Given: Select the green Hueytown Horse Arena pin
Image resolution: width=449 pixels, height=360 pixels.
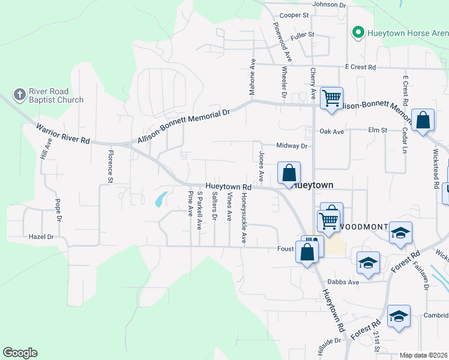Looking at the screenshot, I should click(358, 32).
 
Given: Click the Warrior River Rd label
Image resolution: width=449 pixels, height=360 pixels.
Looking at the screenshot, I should click(62, 133).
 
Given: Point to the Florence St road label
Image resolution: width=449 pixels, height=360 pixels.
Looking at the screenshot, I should click(110, 166).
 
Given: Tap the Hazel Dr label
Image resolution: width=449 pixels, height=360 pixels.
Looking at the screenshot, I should click(41, 237).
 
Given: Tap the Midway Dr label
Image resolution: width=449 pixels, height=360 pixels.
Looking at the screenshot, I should click(292, 146).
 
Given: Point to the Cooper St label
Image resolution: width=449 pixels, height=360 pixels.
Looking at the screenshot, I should click(294, 15).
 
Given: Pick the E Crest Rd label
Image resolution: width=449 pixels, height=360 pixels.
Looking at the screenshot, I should click(360, 67).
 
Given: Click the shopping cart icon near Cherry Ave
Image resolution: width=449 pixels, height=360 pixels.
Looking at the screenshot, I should click(331, 98).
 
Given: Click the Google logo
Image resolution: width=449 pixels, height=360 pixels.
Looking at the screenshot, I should click(20, 353).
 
